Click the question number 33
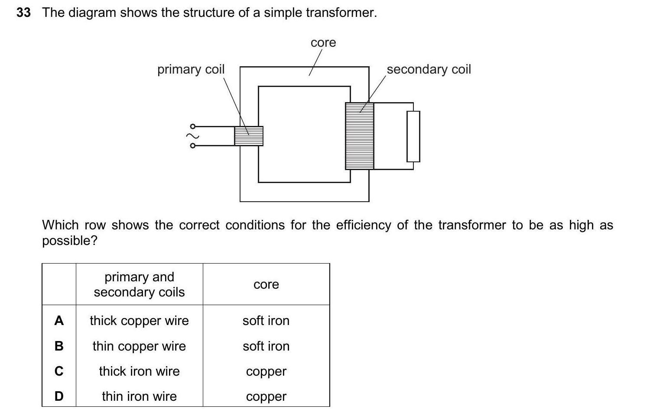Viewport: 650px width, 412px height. click(x=23, y=13)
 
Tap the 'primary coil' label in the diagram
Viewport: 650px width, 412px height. click(x=191, y=69)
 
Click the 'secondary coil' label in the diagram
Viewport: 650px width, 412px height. click(x=429, y=69)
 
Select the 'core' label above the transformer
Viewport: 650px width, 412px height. click(x=323, y=43)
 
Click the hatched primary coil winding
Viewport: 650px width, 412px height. click(x=249, y=136)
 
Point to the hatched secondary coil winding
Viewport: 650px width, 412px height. click(x=359, y=136)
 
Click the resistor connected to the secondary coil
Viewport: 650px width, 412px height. click(x=413, y=136)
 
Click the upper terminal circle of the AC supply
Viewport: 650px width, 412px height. click(x=193, y=126)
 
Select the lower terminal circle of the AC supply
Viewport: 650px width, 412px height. click(x=193, y=145)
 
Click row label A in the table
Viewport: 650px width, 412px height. click(x=59, y=321)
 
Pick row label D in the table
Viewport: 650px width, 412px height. click(x=59, y=396)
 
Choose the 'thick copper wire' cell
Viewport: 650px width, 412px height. click(x=139, y=321)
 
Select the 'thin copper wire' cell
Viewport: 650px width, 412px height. click(x=139, y=346)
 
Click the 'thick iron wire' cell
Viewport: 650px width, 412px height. click(x=139, y=371)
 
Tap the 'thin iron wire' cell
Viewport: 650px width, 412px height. click(x=139, y=396)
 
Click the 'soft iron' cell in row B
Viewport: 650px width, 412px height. click(x=266, y=346)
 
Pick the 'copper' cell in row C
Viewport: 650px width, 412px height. click(x=266, y=371)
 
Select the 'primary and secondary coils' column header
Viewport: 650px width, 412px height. click(x=139, y=284)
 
